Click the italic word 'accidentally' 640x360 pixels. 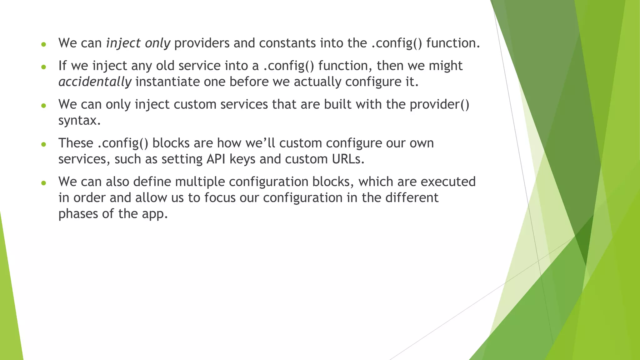[95, 82]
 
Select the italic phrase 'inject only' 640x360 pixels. [138, 43]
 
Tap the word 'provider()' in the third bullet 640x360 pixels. [439, 104]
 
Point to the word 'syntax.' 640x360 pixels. [79, 121]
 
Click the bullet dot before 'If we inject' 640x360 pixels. [44, 67]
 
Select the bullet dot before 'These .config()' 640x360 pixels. [44, 144]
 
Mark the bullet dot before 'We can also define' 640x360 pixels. [44, 183]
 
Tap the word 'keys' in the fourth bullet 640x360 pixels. [242, 159]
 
